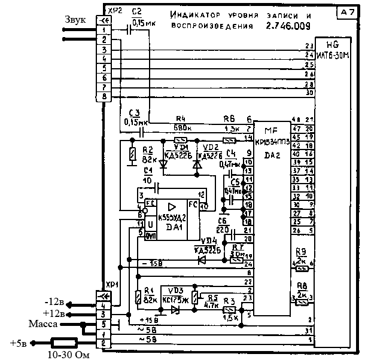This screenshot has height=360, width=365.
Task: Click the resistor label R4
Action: (x=181, y=118)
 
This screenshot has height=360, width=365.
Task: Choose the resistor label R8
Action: (x=302, y=286)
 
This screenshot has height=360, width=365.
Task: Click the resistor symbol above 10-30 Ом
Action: (x=63, y=343)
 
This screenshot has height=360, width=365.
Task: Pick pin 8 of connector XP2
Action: (x=105, y=96)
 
